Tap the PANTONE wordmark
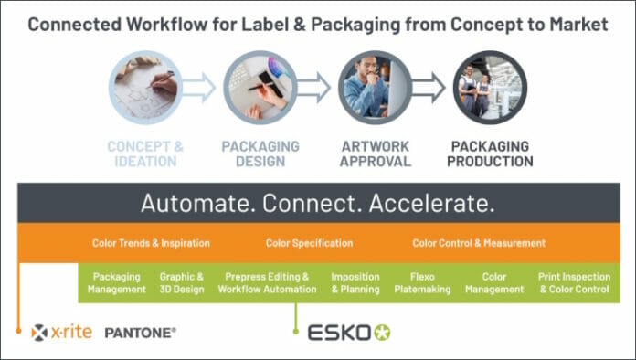(141, 332)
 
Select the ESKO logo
(348, 332)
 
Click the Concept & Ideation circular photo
(145, 88)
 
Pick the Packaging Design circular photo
(260, 88)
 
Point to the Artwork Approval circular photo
(375, 88)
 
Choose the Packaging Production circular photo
(490, 88)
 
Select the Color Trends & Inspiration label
(151, 243)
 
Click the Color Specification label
(309, 243)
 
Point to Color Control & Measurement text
(479, 243)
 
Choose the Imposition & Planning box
(355, 282)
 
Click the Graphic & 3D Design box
(182, 282)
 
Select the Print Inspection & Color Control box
(574, 282)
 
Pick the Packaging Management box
(117, 282)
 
